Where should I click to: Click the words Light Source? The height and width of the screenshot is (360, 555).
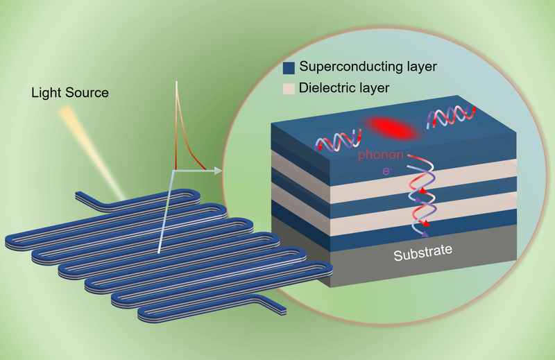click(70, 93)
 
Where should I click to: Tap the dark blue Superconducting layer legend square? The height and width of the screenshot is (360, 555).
click(289, 68)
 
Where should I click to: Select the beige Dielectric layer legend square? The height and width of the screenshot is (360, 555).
click(289, 89)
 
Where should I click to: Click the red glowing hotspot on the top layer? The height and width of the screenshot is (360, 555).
click(391, 128)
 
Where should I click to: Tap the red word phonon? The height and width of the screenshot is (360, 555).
click(380, 155)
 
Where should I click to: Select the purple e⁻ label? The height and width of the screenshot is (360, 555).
click(387, 171)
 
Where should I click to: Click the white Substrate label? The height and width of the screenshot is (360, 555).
click(423, 252)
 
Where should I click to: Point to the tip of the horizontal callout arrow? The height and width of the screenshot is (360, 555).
click(221, 171)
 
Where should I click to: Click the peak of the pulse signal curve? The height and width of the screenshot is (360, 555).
click(176, 82)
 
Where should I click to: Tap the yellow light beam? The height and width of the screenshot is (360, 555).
click(93, 151)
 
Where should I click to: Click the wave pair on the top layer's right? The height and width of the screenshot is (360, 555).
click(452, 117)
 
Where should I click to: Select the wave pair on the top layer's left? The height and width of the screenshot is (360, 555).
click(338, 141)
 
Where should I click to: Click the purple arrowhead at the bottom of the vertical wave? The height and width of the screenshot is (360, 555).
click(425, 234)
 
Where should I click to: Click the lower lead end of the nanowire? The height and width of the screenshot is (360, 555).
click(282, 311)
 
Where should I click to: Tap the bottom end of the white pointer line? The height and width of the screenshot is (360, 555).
click(159, 252)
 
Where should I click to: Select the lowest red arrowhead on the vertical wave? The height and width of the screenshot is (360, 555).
click(426, 223)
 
